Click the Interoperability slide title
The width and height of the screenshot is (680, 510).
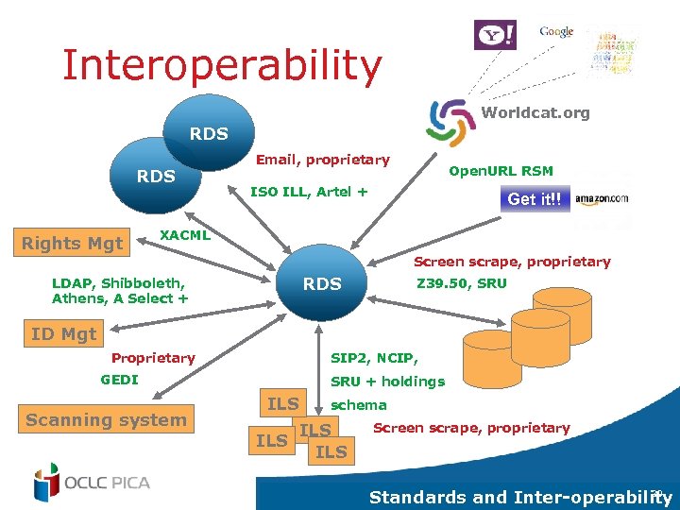(222, 65)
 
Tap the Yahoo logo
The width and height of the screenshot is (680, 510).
(495, 35)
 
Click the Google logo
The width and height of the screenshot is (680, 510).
(556, 31)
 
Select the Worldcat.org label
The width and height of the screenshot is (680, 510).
(535, 112)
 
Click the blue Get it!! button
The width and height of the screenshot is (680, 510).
(535, 199)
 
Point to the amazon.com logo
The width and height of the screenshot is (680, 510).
(602, 198)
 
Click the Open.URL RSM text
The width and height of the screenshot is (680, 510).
(501, 171)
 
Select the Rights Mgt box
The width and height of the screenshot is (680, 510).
(73, 243)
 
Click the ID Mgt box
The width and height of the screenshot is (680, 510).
(64, 333)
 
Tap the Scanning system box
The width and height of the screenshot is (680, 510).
(106, 420)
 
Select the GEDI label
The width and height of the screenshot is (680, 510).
(119, 380)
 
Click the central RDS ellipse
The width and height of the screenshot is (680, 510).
(322, 283)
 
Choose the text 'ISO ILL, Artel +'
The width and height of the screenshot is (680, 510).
(308, 192)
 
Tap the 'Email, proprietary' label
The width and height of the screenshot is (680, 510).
(322, 160)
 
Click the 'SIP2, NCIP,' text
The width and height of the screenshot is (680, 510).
(374, 358)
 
